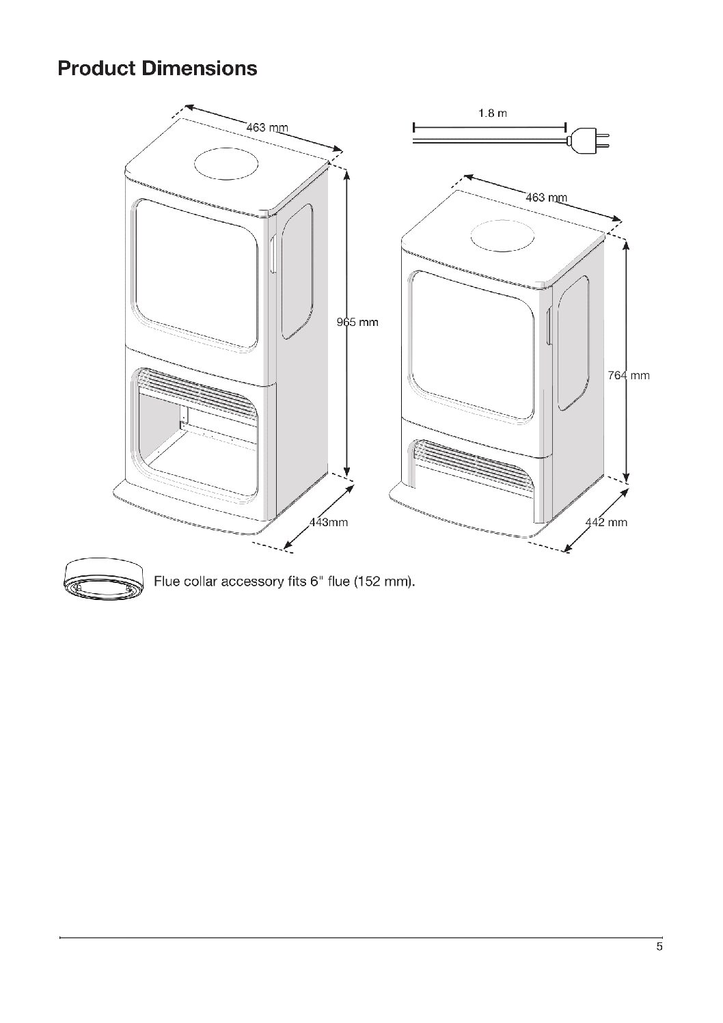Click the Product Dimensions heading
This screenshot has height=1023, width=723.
coord(157,68)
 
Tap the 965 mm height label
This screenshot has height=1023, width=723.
coord(357,322)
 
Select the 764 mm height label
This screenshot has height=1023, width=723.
coord(628,375)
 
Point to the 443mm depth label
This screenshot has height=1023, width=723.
coord(329,523)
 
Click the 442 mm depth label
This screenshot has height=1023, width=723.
coord(607,523)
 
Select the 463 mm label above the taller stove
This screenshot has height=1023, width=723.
coord(267,128)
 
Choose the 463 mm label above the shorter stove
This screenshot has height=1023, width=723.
coord(547,197)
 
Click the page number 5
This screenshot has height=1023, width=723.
coord(659,947)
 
